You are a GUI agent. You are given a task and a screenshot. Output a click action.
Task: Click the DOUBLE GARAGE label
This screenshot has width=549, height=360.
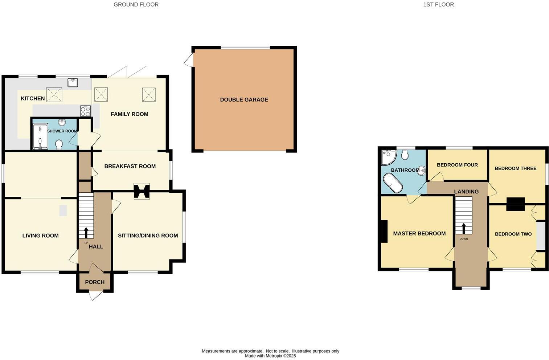coord(244,100)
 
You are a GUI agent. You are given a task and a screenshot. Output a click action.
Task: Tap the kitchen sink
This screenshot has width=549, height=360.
coord(73,83)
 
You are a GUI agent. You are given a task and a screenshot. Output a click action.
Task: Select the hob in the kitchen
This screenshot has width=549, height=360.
coord(86,111)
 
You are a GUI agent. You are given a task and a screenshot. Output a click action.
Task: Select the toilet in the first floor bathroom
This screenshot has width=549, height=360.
coord(405,155)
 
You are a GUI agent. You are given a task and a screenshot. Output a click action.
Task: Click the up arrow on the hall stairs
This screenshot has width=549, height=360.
coord(86,232)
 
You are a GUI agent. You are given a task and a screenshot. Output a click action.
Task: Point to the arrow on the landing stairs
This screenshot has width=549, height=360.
coord(463,228)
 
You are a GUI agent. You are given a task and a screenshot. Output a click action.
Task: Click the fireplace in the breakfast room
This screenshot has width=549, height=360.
coord(142,191)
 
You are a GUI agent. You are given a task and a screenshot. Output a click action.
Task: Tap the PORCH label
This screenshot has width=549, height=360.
coord(95,282)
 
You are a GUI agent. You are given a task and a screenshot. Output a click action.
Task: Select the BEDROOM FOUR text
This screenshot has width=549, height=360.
coord(457,165)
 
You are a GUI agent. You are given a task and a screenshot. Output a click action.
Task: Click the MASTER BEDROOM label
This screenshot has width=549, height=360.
coord(419,234)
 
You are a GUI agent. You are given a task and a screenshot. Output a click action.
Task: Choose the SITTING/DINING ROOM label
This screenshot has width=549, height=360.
coord(148,236)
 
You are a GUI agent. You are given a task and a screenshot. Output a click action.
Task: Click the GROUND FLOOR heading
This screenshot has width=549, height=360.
coord(136,5)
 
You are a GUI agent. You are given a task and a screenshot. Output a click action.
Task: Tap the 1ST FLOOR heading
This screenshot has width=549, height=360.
coord(438,5)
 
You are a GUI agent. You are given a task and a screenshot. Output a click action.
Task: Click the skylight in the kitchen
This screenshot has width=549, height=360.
coord(54,95)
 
